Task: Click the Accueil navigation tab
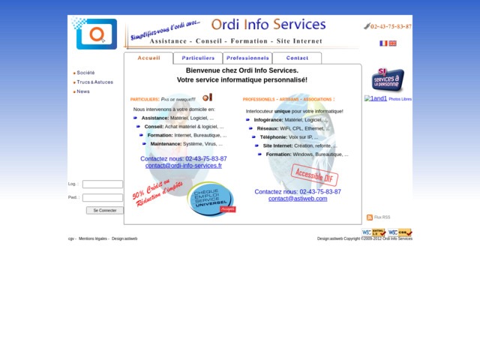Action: [x=148, y=58]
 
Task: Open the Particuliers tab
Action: [x=198, y=58]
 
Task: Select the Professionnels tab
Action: [x=247, y=58]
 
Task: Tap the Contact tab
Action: [x=297, y=58]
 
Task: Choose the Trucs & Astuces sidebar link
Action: [x=94, y=82]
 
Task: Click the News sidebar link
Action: [x=82, y=91]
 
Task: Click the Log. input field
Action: [x=103, y=184]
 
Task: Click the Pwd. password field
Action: [x=103, y=198]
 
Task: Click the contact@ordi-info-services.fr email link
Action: [x=184, y=166]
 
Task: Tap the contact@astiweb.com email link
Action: [x=298, y=199]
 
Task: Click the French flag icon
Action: [x=383, y=43]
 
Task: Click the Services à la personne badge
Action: [x=388, y=80]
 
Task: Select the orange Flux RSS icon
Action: [x=370, y=217]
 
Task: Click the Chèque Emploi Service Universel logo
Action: [x=211, y=198]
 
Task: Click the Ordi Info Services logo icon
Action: [x=96, y=34]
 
